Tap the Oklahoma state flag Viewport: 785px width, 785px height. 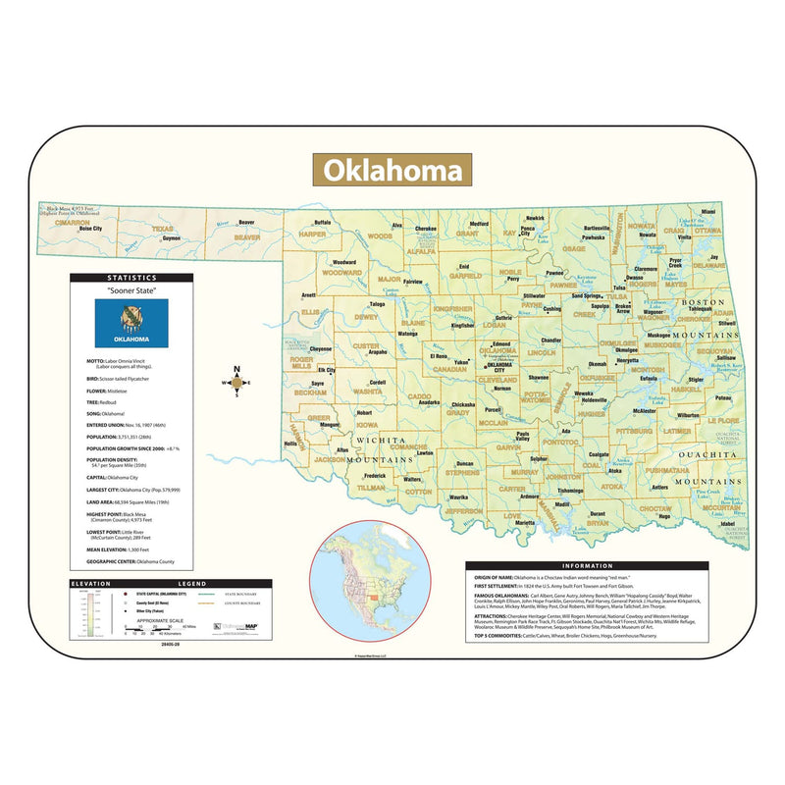click(131, 322)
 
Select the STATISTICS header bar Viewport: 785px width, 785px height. click(131, 279)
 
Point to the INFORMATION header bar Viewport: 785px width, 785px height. click(587, 566)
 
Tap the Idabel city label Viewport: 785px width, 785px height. click(727, 524)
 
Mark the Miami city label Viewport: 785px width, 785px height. click(708, 211)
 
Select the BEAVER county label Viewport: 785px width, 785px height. click(246, 237)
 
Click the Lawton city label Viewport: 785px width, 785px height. click(425, 452)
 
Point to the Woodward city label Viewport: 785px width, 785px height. click(343, 262)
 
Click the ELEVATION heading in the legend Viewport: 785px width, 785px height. click(85, 584)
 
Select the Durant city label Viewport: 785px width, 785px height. click(598, 513)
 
